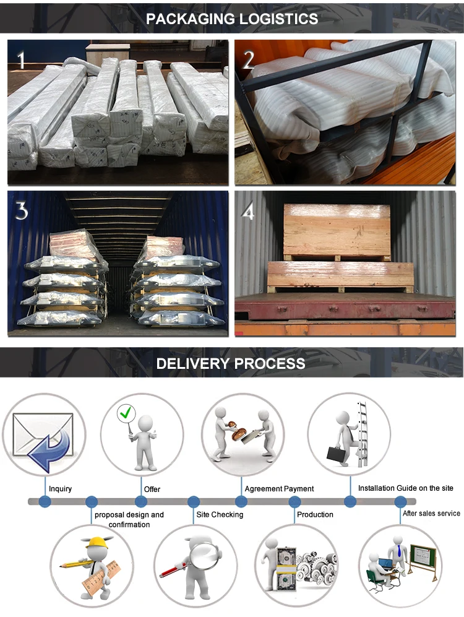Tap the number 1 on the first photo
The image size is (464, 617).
[x=22, y=60]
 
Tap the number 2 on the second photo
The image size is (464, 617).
[x=248, y=60]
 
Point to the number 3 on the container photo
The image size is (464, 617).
[x=22, y=211]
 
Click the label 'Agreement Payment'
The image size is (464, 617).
[x=279, y=489]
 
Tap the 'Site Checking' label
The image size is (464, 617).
[x=220, y=515]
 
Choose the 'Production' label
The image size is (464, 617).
[x=315, y=515]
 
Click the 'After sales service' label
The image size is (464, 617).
[x=431, y=514]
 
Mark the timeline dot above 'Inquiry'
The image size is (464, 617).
[x=45, y=501]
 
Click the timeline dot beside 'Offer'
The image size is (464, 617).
[x=141, y=501]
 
